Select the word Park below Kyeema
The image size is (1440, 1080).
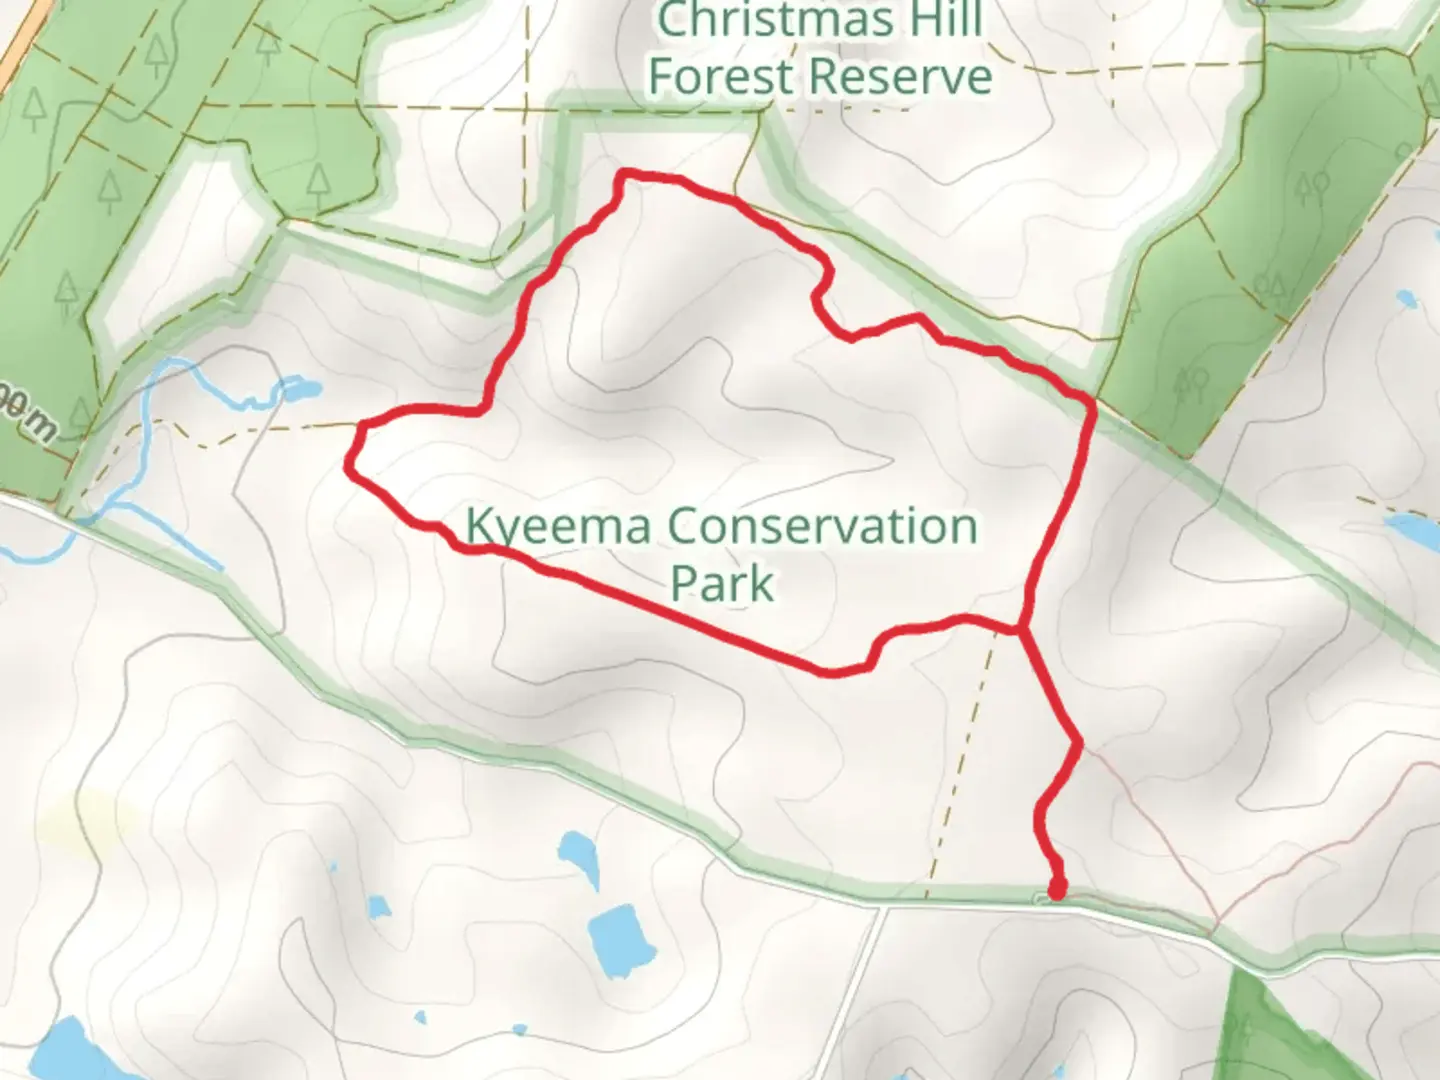tap(722, 583)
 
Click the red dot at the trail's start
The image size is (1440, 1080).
tap(1056, 889)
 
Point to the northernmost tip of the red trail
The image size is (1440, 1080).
tap(626, 175)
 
